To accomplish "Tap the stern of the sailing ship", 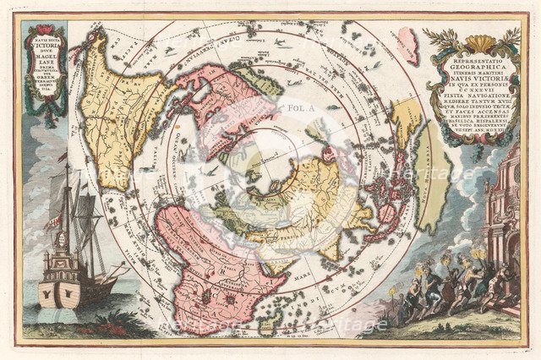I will click(x=61, y=283).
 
